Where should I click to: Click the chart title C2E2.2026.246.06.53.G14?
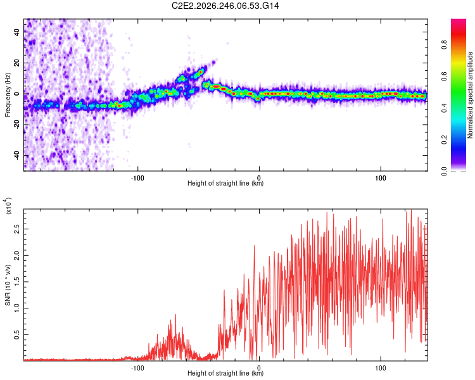point(225,6)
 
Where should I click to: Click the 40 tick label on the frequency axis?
point(17,32)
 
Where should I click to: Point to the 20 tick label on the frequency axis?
point(17,63)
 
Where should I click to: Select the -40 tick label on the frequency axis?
point(17,155)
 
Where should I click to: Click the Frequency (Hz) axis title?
point(8,95)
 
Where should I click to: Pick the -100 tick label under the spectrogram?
point(137,178)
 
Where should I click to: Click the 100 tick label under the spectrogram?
point(380,178)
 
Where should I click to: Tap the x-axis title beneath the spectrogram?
point(225,183)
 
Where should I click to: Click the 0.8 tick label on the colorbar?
point(445,44)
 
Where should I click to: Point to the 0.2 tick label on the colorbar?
point(445,140)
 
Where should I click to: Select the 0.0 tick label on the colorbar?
point(445,171)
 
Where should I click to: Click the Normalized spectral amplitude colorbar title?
point(470,95)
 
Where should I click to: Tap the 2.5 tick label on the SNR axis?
point(17,229)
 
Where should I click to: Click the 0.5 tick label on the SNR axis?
point(17,334)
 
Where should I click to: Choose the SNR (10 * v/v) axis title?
point(8,285)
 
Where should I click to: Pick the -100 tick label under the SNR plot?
point(137,368)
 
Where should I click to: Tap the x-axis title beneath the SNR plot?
point(225,373)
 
